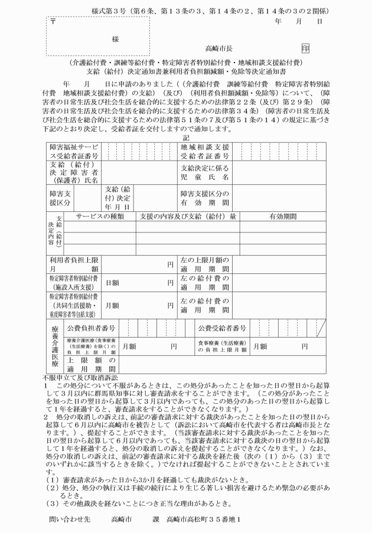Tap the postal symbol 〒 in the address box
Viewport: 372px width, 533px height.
53,22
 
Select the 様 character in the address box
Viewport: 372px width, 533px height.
115,38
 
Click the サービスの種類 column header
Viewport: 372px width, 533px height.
95,217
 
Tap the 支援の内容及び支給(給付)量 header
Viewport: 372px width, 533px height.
188,217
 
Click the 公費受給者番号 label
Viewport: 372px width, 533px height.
222,328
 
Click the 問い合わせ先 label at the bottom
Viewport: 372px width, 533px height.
70,519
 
